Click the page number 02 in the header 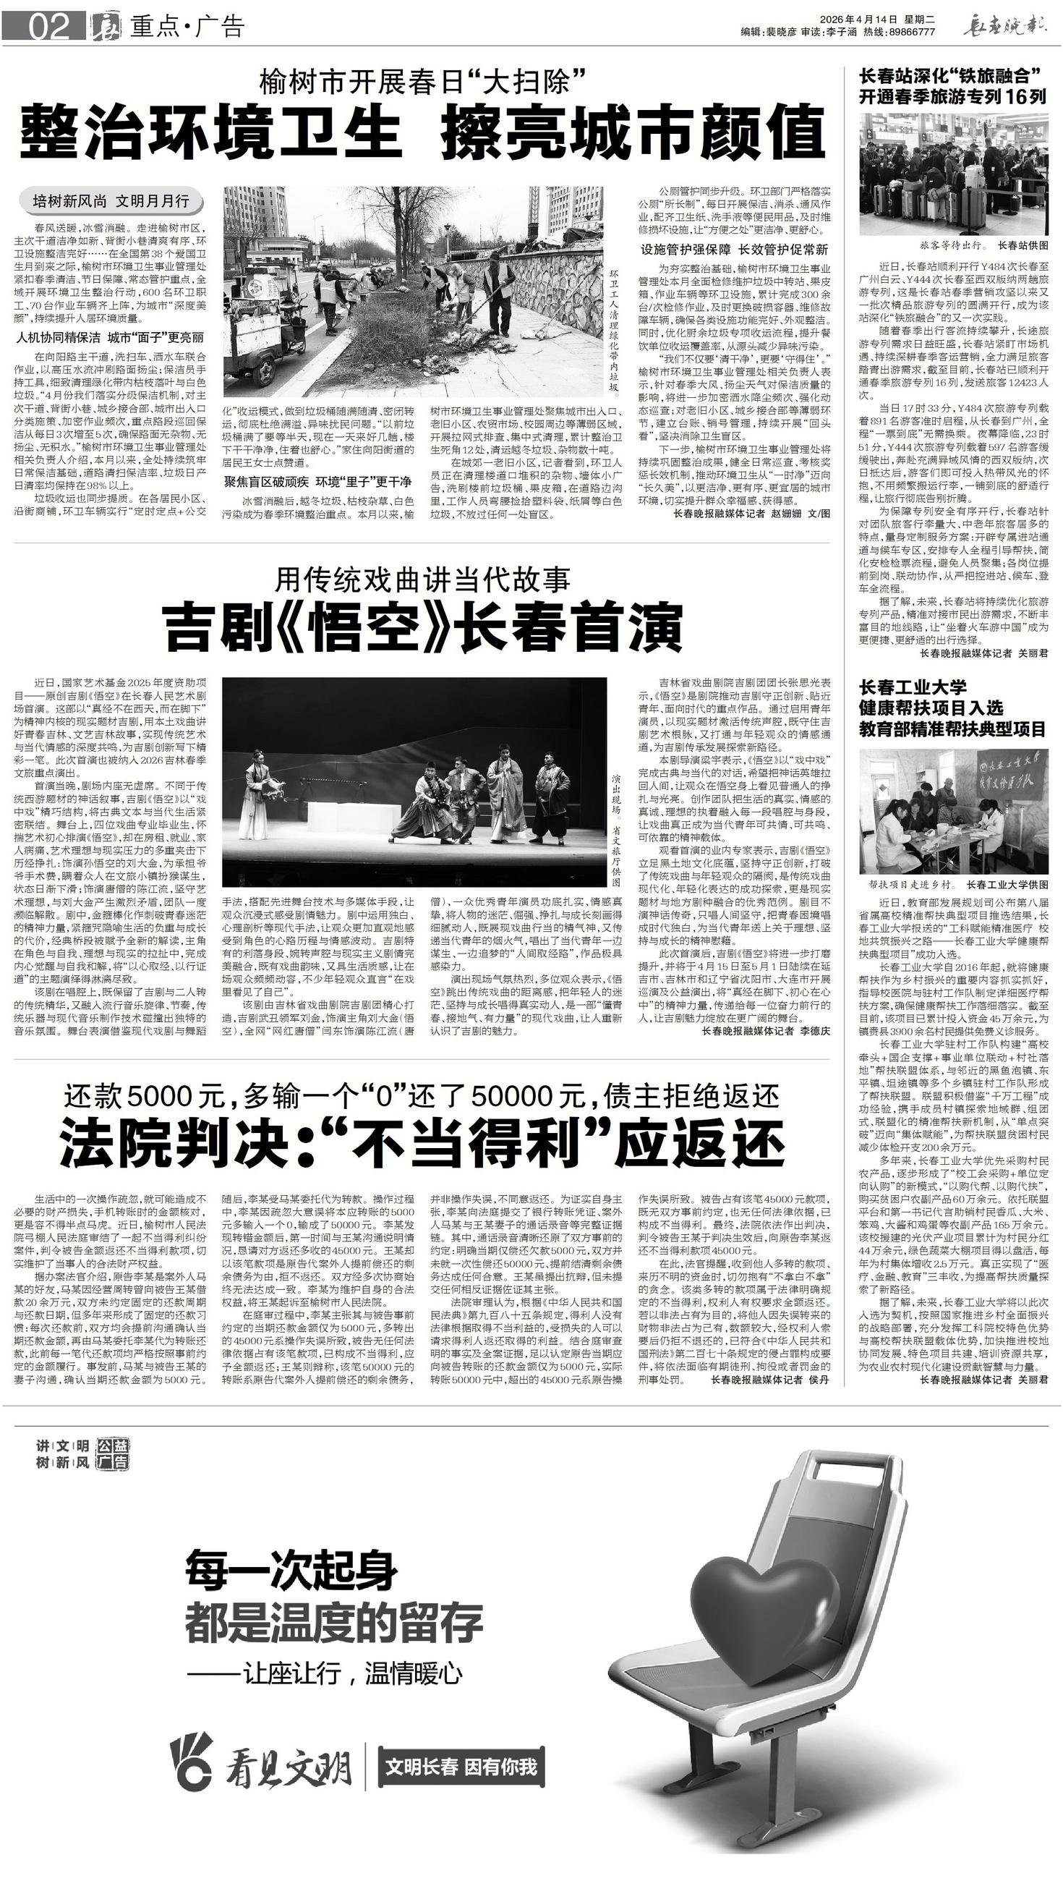click(49, 27)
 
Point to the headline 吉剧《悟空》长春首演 click(423, 627)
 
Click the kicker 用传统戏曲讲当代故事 click(422, 579)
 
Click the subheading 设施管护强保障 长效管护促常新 click(735, 249)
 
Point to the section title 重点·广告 click(187, 27)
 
